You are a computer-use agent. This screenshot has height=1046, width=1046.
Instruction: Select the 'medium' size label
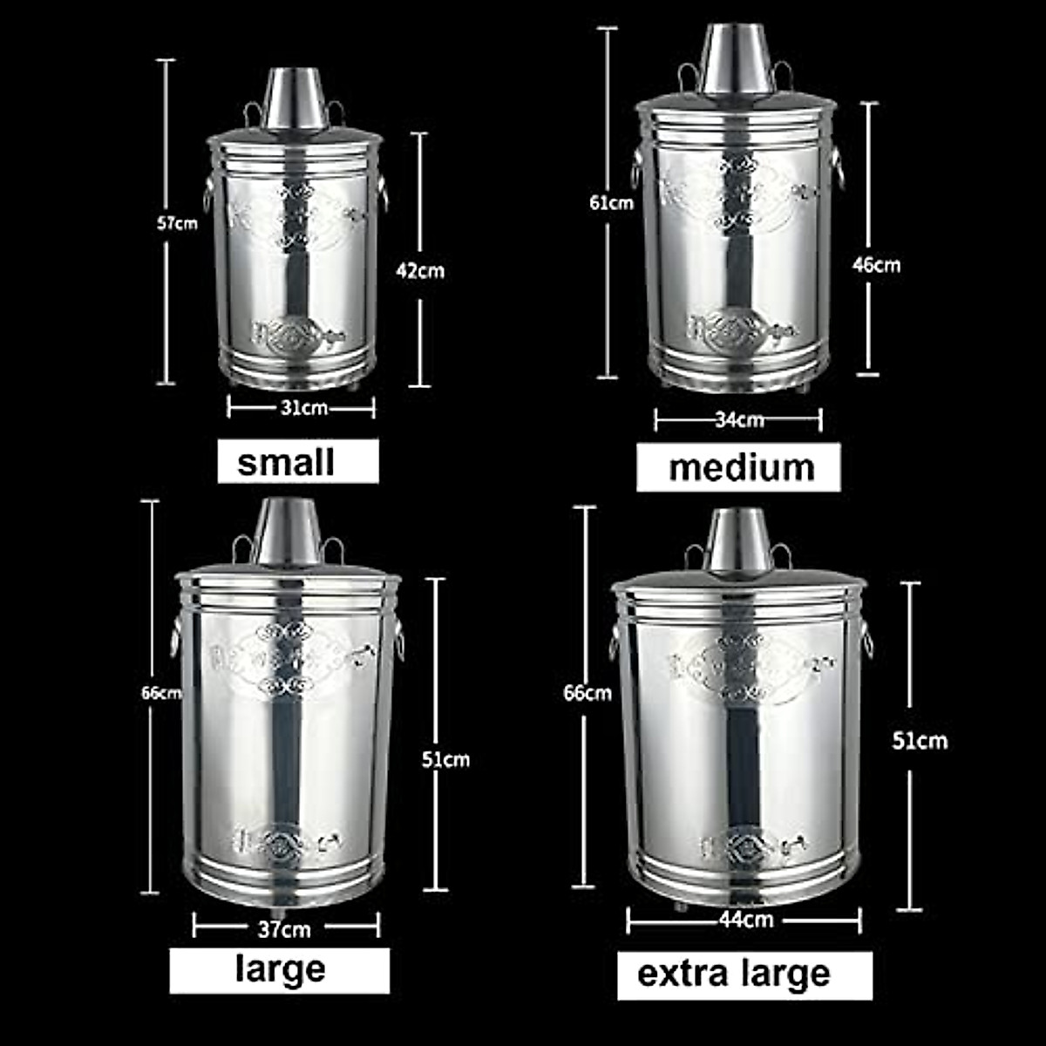738,467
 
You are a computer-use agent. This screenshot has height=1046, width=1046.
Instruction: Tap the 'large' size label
280,970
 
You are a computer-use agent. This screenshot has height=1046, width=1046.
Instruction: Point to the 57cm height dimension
177,223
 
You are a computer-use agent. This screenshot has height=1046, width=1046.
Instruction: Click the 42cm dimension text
420,270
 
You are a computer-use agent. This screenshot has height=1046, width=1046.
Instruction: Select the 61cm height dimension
611,203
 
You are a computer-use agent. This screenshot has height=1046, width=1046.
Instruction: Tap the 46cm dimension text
875,264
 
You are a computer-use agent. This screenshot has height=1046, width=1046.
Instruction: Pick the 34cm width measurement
739,420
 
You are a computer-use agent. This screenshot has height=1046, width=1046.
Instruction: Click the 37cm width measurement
284,929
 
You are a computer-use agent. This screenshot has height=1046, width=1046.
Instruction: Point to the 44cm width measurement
746,920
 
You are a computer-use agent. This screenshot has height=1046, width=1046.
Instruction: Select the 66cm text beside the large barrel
162,694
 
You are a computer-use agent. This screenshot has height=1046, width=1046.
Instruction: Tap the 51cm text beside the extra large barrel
920,741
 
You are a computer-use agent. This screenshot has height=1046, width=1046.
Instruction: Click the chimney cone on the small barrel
295,98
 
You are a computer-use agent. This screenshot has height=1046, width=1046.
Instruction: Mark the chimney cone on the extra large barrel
738,540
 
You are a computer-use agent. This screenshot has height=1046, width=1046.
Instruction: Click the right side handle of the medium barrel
838,168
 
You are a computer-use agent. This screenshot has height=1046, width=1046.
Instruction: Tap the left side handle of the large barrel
176,635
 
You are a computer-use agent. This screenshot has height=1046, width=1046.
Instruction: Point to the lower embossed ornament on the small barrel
296,335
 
